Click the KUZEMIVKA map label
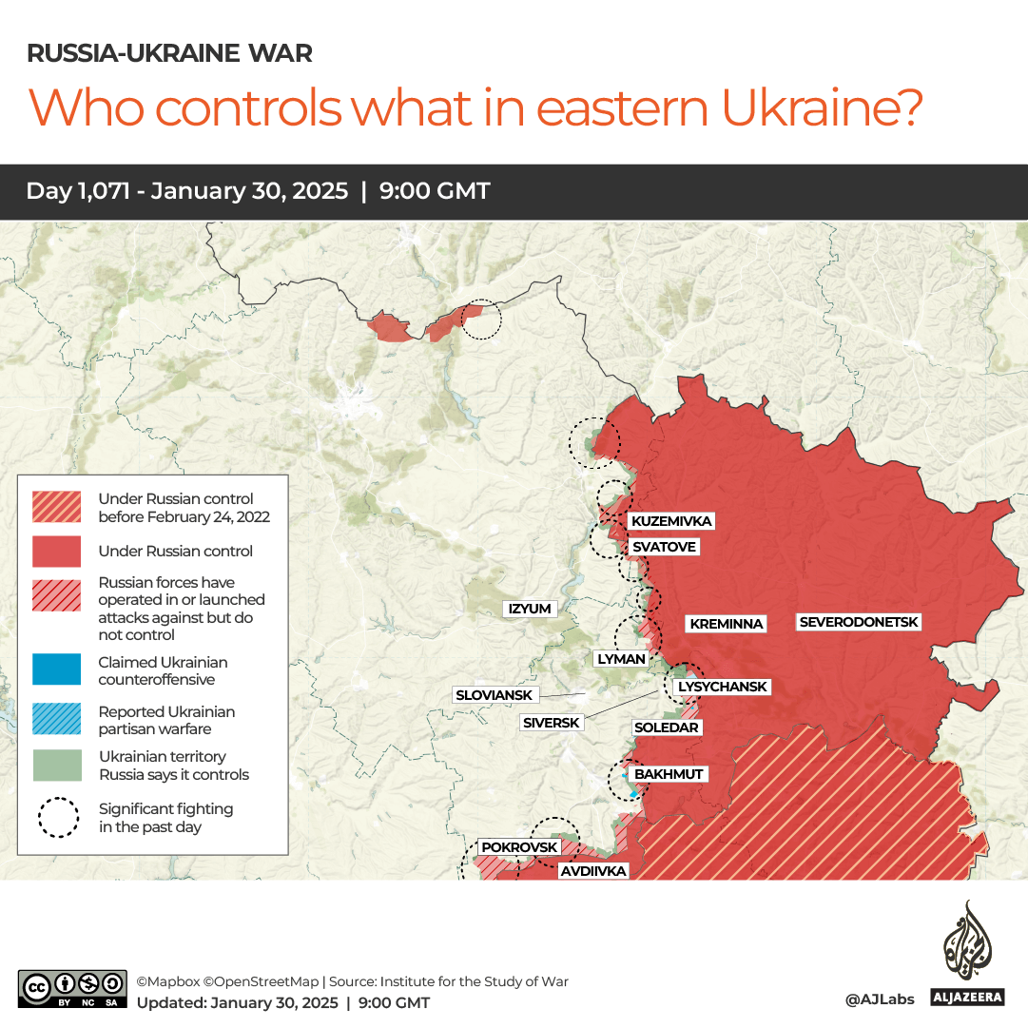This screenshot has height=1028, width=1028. (670, 521)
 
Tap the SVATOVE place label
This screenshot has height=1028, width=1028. (664, 547)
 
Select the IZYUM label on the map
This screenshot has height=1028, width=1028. (530, 609)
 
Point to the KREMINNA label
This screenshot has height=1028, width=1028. (727, 624)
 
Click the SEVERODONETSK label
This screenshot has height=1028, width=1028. (859, 622)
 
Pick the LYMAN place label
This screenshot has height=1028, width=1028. (621, 658)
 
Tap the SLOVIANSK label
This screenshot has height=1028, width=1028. (494, 695)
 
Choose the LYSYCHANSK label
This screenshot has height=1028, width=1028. (721, 687)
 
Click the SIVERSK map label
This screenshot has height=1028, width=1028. (551, 723)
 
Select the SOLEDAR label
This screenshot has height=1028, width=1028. (666, 727)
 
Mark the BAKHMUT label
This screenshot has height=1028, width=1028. (669, 774)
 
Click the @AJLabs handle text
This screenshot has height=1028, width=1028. (879, 999)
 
